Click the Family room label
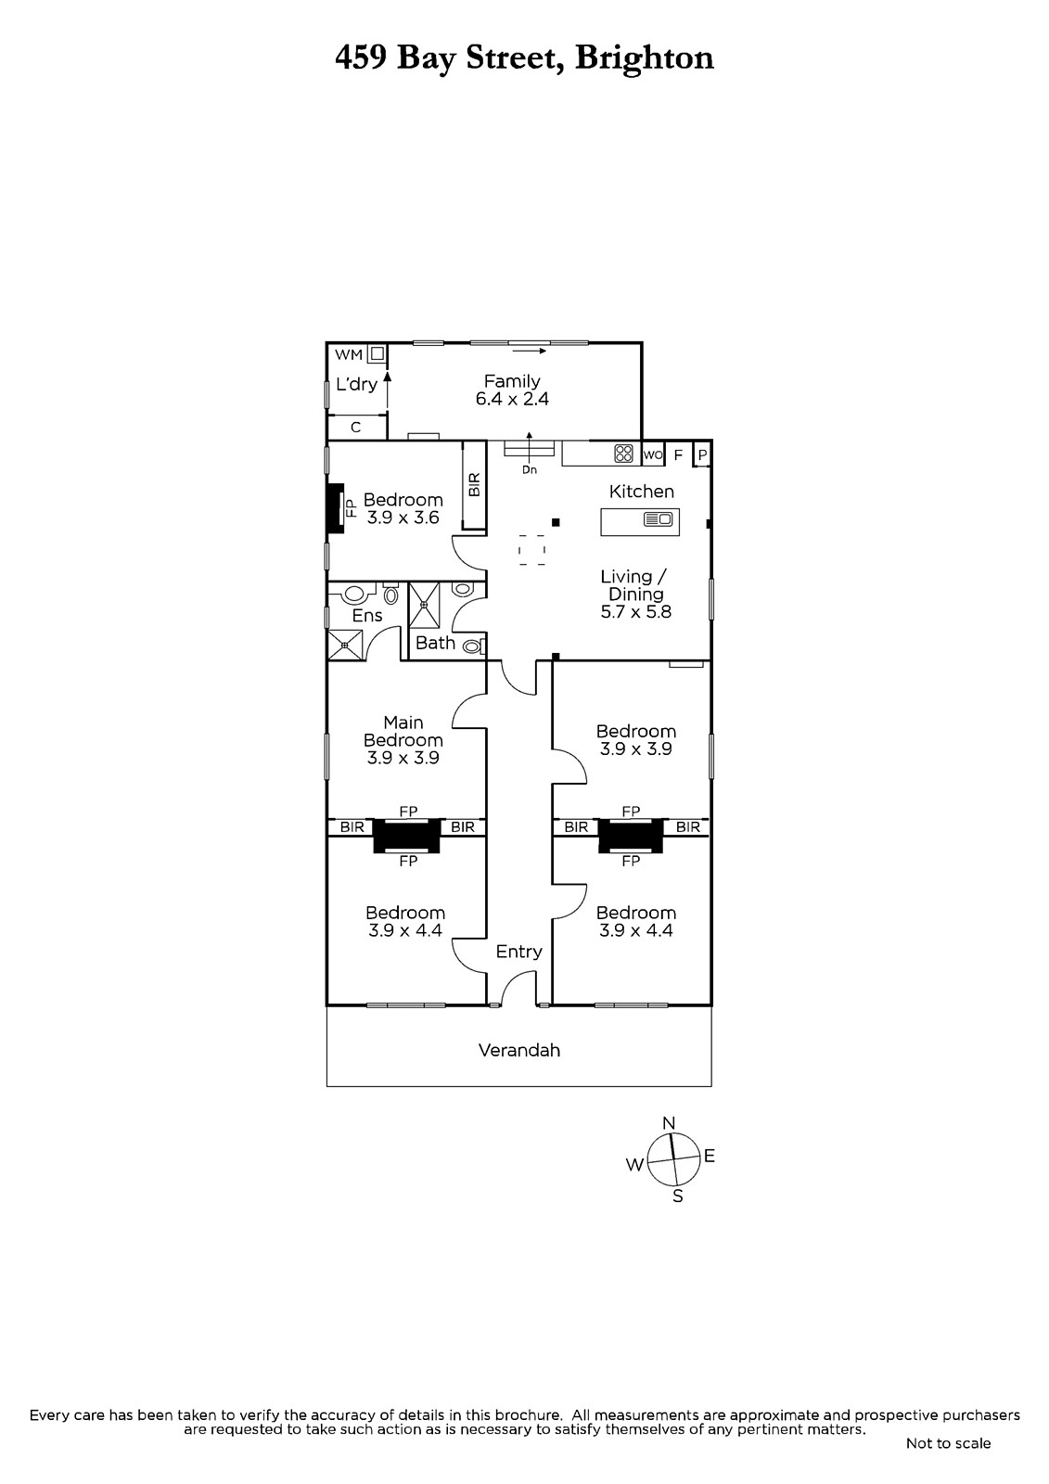(x=512, y=381)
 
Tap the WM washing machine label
(x=349, y=354)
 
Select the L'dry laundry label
(x=356, y=384)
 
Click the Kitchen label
(x=641, y=492)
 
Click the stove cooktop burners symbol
(x=623, y=454)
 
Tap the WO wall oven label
(x=652, y=454)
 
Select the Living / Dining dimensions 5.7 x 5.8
(x=635, y=612)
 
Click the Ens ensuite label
(x=367, y=616)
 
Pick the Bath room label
(x=435, y=643)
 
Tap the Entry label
(x=518, y=952)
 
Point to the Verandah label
(x=518, y=1051)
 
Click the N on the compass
(x=669, y=1123)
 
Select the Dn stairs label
(x=530, y=470)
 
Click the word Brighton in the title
(x=645, y=58)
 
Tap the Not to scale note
(x=948, y=1443)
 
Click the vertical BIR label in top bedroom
(x=475, y=484)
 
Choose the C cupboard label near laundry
(x=355, y=428)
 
